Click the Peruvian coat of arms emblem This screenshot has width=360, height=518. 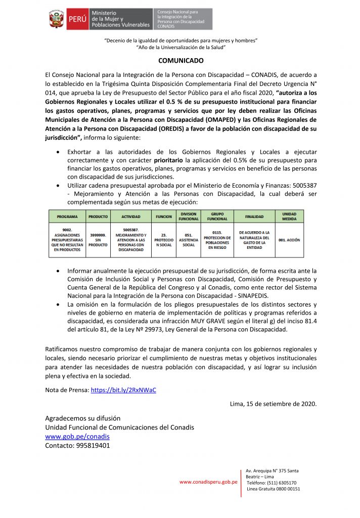(56, 19)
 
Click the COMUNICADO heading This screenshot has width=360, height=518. (181, 61)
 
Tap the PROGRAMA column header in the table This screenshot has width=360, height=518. (67, 217)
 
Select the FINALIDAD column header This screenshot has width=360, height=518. (255, 217)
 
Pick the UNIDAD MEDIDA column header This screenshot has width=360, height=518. (289, 217)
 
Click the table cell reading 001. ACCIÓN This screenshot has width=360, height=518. (289, 241)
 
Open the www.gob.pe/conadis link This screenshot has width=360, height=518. (77, 436)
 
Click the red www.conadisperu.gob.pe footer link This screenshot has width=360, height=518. (208, 482)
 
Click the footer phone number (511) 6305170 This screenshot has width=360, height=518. (278, 483)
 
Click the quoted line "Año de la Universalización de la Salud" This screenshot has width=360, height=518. (181, 47)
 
